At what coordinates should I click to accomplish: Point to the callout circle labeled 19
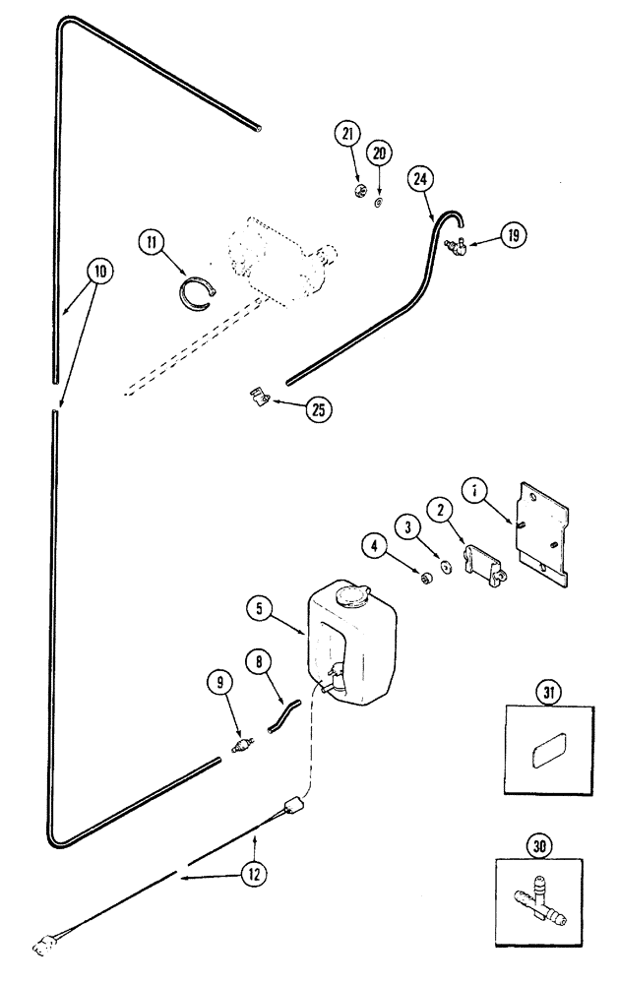pos(513,235)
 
